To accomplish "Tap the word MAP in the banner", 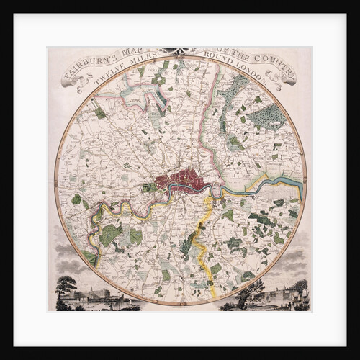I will pos(138,53).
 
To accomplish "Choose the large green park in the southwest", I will pos(112,233).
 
